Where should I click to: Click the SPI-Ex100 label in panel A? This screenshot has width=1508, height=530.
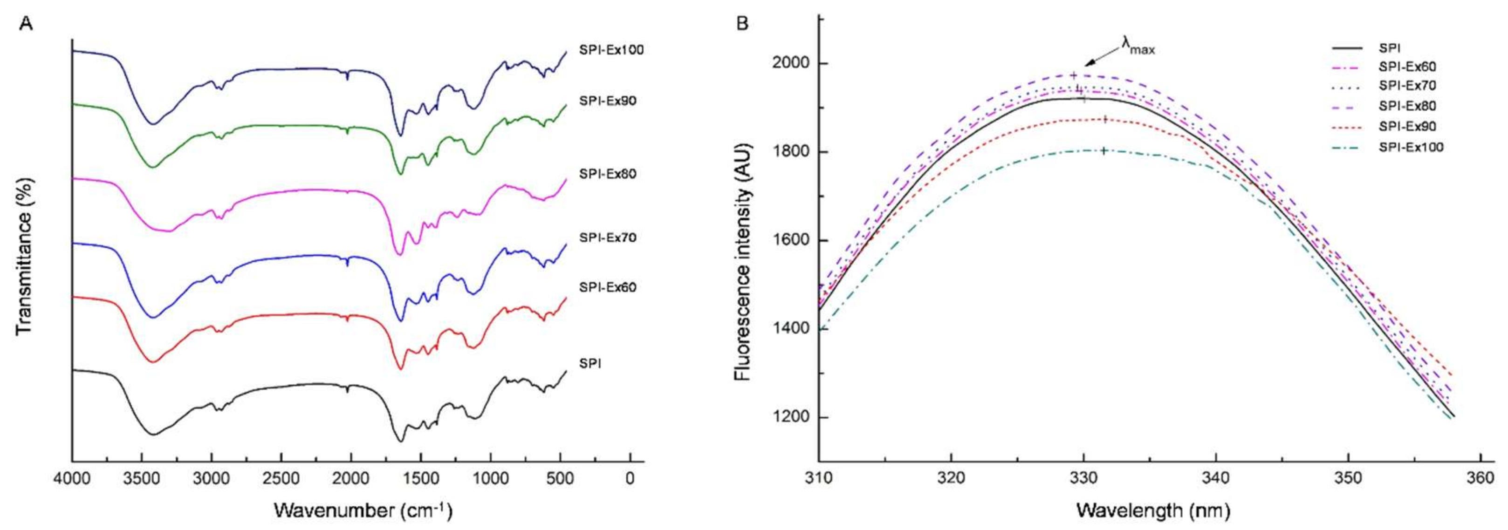(611, 50)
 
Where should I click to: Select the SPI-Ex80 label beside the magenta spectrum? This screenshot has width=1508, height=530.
(608, 174)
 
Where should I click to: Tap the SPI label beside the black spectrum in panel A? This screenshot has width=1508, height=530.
(590, 363)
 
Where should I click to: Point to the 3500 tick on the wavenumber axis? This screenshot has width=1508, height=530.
(141, 478)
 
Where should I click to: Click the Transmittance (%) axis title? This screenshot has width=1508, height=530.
(24, 256)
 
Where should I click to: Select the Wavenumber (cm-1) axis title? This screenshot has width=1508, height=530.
(363, 511)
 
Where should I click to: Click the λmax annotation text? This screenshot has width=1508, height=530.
(1138, 46)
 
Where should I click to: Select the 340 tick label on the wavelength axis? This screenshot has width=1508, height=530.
(1215, 478)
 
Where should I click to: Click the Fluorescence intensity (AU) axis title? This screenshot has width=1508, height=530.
(743, 261)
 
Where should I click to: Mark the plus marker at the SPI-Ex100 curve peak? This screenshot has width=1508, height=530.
(1104, 151)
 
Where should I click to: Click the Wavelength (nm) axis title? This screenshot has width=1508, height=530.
(1152, 511)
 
